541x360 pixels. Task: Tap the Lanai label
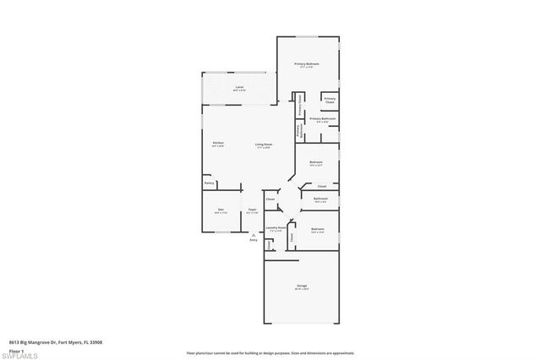(239, 86)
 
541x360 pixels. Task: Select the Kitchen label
(218, 143)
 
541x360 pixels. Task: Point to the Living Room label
(263, 145)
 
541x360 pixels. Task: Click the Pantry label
(208, 182)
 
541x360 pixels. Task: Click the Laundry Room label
(276, 227)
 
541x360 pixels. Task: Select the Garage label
(301, 286)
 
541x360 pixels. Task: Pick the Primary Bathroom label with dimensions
(323, 119)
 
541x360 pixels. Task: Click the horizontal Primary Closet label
(330, 101)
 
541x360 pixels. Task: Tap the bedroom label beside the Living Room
(315, 162)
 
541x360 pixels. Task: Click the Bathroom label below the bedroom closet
(320, 199)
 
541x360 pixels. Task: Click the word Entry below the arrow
(252, 242)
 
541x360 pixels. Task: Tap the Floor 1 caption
(15, 350)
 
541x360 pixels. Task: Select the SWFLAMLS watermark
(21, 354)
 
